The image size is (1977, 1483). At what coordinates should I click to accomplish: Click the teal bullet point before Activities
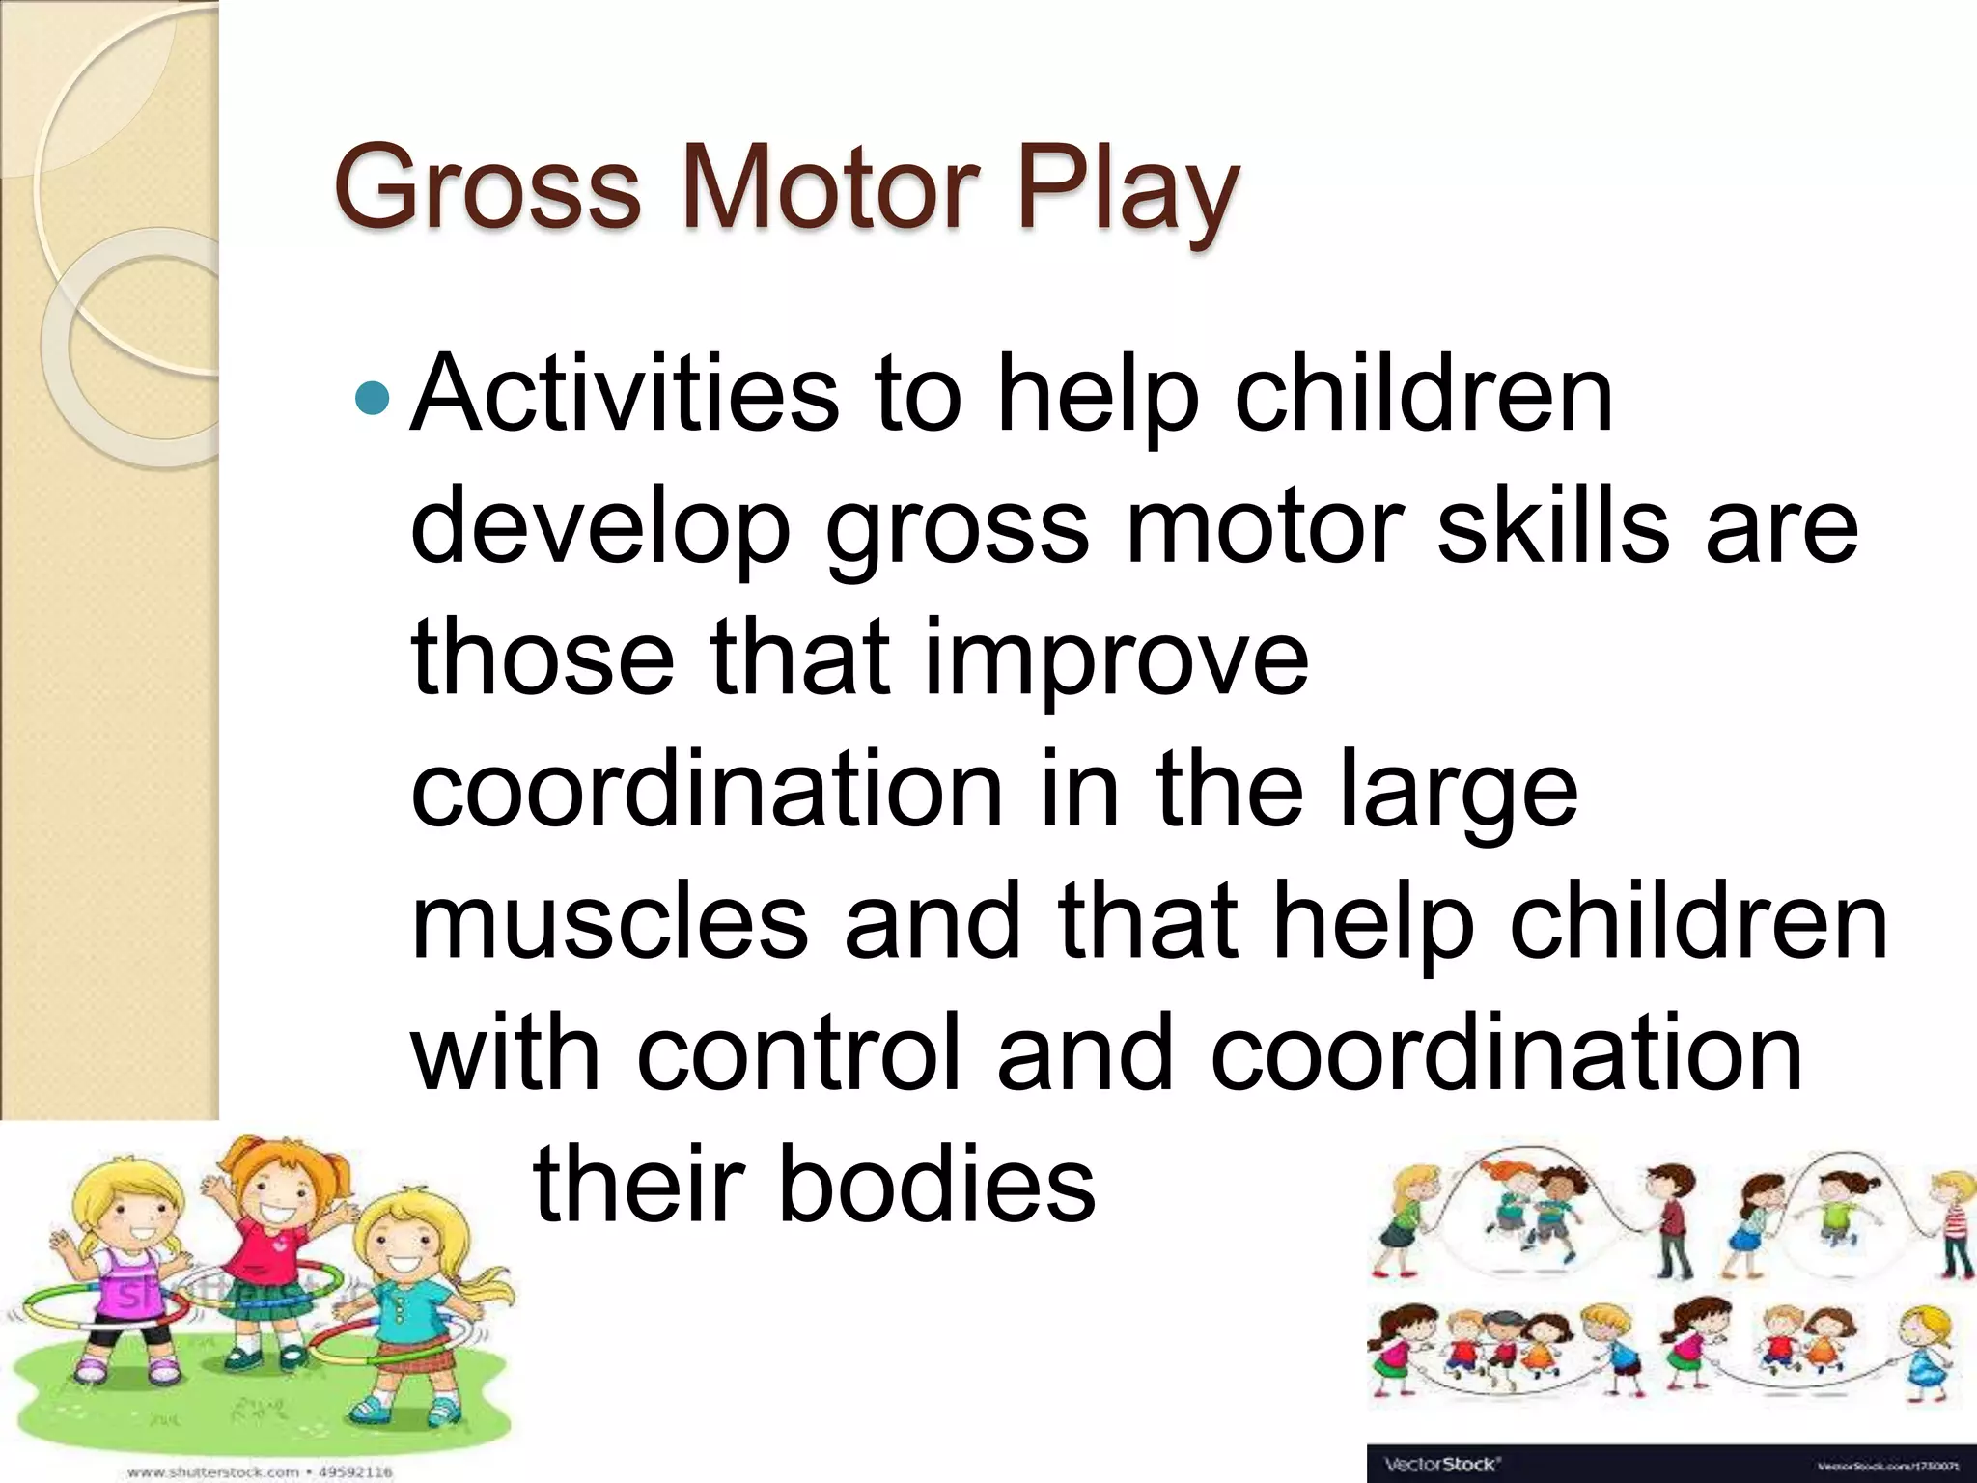point(372,396)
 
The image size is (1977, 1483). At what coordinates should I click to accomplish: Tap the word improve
point(1115,661)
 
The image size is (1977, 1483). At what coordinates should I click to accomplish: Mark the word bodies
point(936,1184)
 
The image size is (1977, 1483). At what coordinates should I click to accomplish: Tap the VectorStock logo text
point(1441,1464)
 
